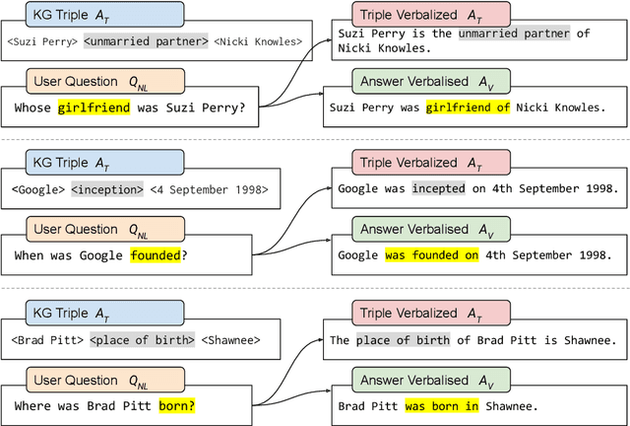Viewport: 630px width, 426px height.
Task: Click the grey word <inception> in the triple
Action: [x=108, y=188]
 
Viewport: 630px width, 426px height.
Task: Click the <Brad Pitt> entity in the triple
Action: [x=45, y=340]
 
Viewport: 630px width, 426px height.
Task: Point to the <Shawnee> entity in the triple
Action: [x=231, y=340]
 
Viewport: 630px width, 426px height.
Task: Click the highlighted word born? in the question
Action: [x=177, y=404]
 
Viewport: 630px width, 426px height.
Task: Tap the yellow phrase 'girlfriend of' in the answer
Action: [x=468, y=108]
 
